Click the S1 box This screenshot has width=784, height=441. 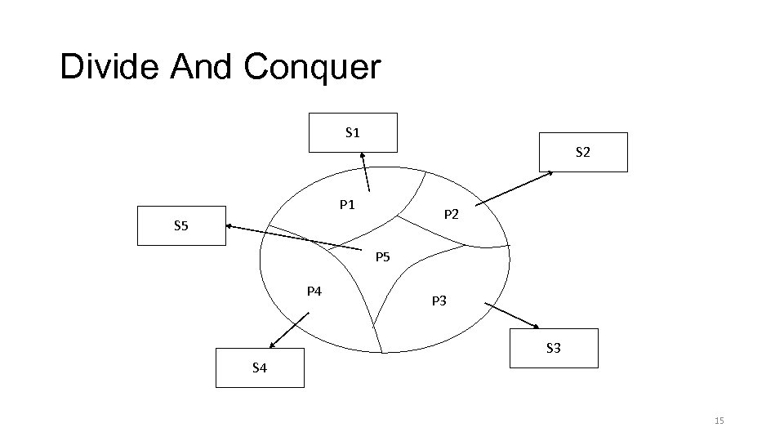353,132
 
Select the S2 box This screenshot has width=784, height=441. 583,152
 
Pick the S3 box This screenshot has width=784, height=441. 553,349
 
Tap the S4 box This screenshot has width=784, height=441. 259,367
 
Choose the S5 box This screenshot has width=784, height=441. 180,225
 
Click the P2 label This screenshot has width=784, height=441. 451,215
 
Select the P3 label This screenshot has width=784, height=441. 439,301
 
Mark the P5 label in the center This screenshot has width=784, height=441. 383,258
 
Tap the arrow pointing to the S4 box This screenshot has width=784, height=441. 284,332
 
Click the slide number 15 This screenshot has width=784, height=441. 719,421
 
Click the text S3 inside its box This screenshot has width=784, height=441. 553,349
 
